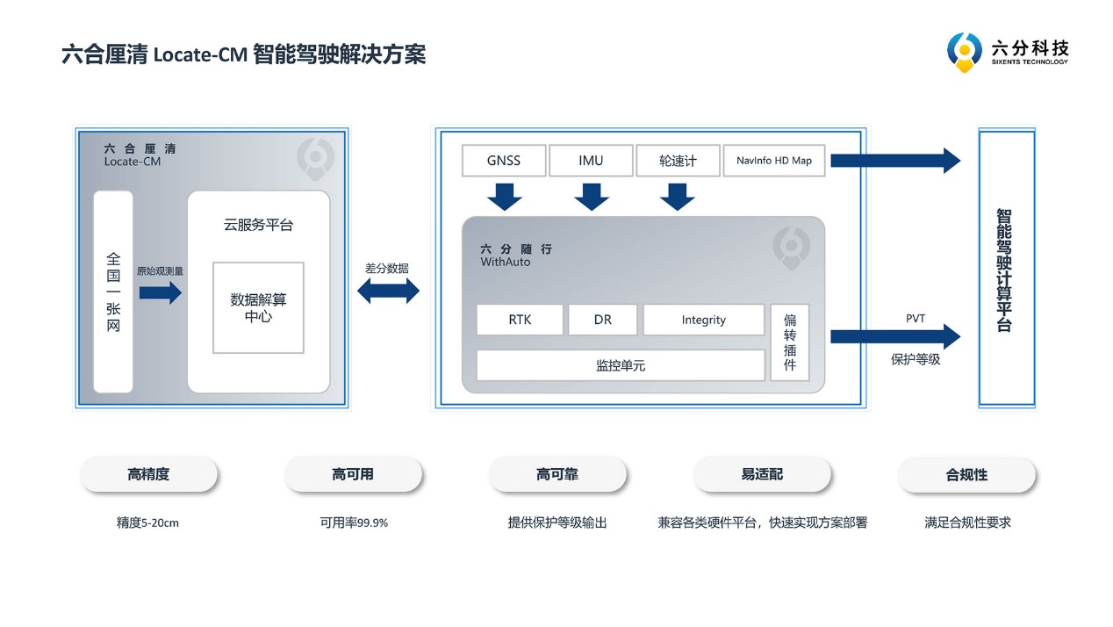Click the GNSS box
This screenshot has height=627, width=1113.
(504, 161)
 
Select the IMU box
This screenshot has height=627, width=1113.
(591, 161)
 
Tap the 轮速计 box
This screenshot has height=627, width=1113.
(678, 161)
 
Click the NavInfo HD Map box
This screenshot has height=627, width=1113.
(774, 161)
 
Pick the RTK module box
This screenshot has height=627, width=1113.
(520, 320)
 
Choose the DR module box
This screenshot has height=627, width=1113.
(602, 320)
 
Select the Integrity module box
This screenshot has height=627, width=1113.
(703, 320)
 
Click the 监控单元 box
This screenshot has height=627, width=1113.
(620, 365)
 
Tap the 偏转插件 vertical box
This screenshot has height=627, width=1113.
(790, 342)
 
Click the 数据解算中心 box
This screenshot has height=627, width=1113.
(258, 307)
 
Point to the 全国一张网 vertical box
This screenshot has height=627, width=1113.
(113, 292)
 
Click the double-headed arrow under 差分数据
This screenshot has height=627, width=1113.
(388, 291)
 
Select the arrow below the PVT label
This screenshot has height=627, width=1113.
(895, 336)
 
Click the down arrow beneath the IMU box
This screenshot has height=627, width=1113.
(592, 197)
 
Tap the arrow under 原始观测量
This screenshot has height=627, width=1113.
(160, 292)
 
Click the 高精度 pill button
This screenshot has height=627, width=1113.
(148, 474)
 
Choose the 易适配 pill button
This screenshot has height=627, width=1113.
(762, 474)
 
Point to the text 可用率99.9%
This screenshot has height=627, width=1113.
(354, 522)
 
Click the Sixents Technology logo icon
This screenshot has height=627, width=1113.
(964, 51)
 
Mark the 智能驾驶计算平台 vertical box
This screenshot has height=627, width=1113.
(1006, 269)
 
